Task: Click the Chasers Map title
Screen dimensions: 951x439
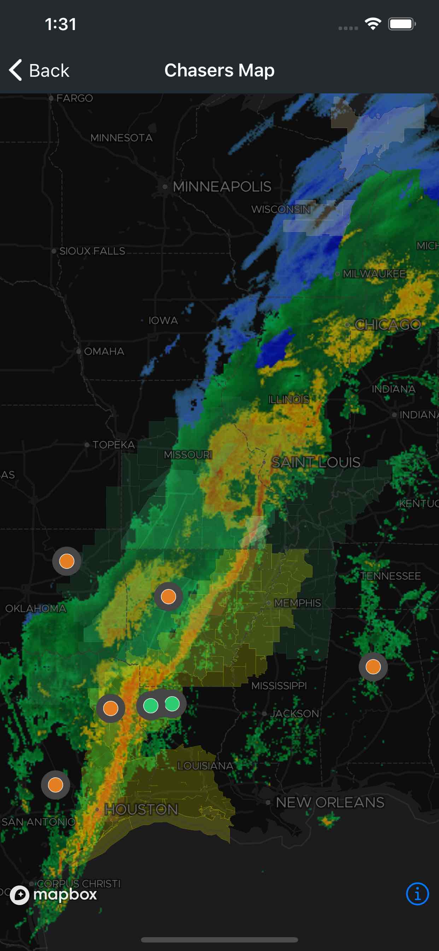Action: pos(219,70)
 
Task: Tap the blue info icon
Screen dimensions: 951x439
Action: pos(417,894)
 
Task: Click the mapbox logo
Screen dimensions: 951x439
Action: pos(54,894)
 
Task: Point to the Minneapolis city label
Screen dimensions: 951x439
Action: pos(222,187)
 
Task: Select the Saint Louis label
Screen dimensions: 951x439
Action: pos(315,462)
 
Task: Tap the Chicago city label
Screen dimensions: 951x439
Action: pos(387,325)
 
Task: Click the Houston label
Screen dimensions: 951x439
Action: pos(141,809)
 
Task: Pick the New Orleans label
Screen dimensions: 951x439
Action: pos(330,802)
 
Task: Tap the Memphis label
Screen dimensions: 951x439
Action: pos(297,603)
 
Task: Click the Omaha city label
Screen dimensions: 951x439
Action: pos(104,351)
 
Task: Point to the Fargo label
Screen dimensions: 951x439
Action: pos(74,98)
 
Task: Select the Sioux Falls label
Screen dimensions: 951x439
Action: pos(92,251)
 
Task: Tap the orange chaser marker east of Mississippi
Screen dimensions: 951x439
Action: pos(373,667)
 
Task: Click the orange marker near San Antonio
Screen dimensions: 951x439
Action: pos(55,784)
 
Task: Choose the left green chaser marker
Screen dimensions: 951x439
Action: pos(151,705)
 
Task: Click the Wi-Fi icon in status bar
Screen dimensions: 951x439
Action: pos(373,24)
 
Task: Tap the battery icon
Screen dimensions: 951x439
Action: pos(402,24)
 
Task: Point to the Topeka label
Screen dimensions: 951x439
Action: pos(113,445)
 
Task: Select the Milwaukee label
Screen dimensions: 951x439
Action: pos(374,274)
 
